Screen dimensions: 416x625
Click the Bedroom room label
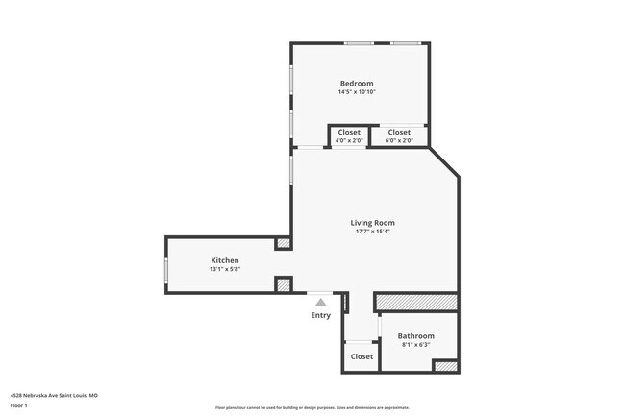tap(356, 84)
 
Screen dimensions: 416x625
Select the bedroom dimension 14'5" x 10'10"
tap(356, 92)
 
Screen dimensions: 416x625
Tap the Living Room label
tap(372, 223)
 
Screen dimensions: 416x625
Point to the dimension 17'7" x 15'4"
tap(372, 232)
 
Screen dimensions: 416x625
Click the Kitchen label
tap(225, 260)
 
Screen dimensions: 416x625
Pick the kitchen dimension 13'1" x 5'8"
tap(225, 269)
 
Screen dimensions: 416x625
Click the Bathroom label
tap(415, 335)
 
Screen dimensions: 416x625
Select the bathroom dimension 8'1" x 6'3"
tap(415, 344)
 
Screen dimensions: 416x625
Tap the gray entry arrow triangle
tap(320, 302)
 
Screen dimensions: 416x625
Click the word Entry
tap(320, 315)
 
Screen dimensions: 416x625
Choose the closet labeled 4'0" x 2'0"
tap(349, 133)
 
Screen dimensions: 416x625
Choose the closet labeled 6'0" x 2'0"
tap(399, 133)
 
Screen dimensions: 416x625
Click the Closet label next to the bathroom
tap(362, 356)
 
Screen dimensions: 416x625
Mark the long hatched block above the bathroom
tap(415, 303)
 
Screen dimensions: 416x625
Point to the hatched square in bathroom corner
tap(444, 366)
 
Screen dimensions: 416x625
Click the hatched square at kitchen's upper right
tap(283, 244)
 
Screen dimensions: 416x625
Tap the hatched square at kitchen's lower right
tap(283, 283)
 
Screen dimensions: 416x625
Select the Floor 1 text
tap(19, 405)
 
